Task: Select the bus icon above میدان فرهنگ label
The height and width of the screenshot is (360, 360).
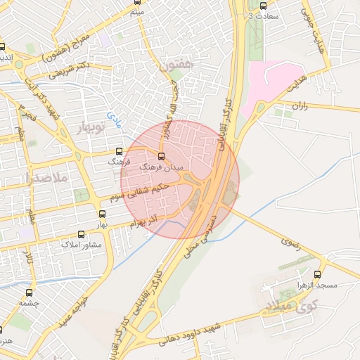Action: coord(161,156)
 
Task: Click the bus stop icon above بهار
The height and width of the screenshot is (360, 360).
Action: coord(101,214)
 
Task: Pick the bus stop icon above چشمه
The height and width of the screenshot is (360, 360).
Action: coord(29,292)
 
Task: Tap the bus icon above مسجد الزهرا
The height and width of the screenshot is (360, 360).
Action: coord(317,275)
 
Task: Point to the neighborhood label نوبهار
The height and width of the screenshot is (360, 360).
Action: coord(87,127)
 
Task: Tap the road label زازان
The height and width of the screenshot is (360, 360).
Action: coord(300,107)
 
